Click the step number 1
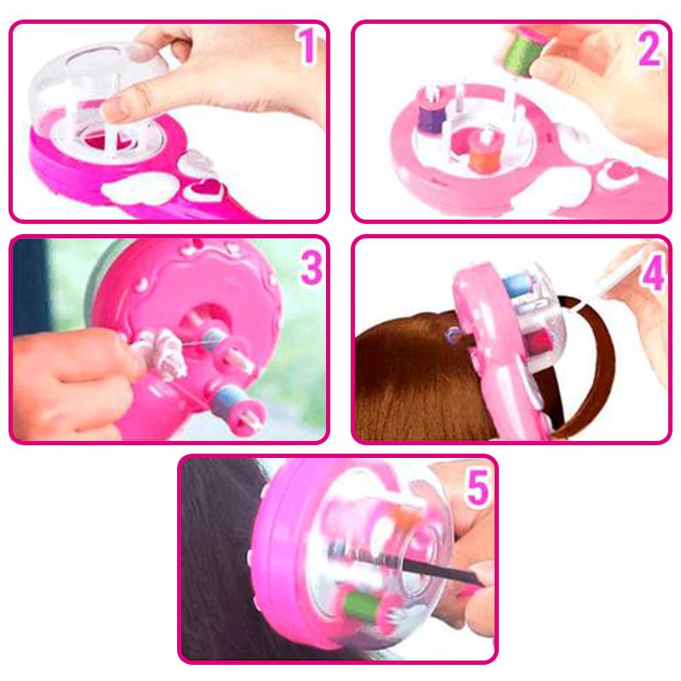click(x=307, y=44)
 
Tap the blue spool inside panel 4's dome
click(x=519, y=285)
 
